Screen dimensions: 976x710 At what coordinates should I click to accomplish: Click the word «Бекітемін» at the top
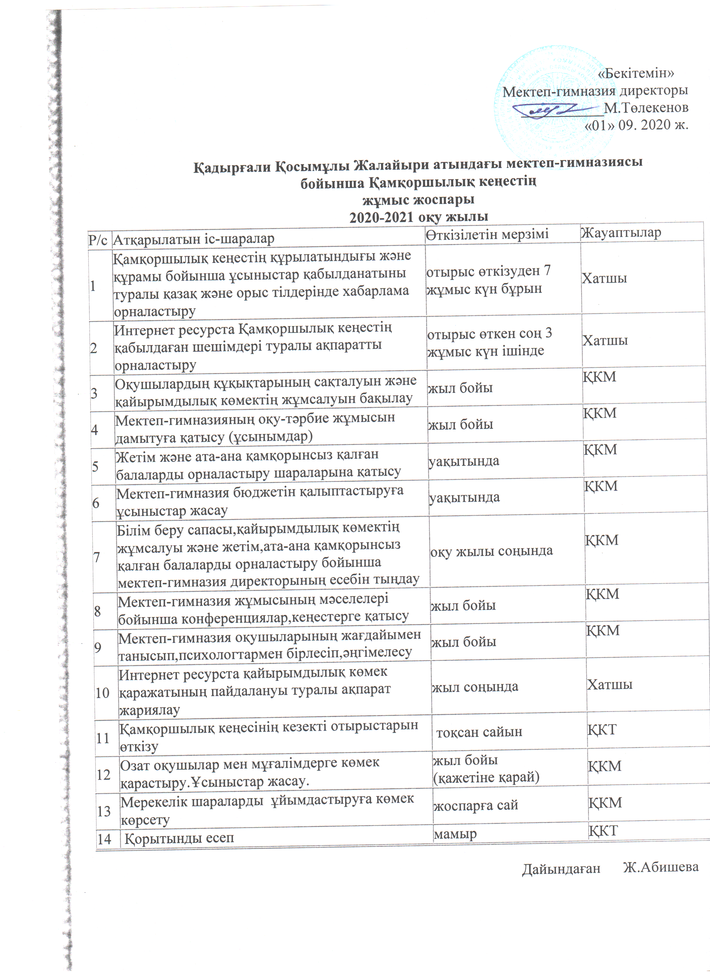636,73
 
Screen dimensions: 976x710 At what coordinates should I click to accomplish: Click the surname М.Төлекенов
646,108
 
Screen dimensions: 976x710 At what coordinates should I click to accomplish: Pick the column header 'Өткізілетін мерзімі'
488,235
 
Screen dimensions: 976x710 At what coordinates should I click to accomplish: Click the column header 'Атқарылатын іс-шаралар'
194,239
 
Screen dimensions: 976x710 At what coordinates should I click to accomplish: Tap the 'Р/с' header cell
98,240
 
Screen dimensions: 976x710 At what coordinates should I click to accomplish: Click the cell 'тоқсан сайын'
479,731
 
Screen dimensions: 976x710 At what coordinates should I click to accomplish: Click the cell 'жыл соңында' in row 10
475,687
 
